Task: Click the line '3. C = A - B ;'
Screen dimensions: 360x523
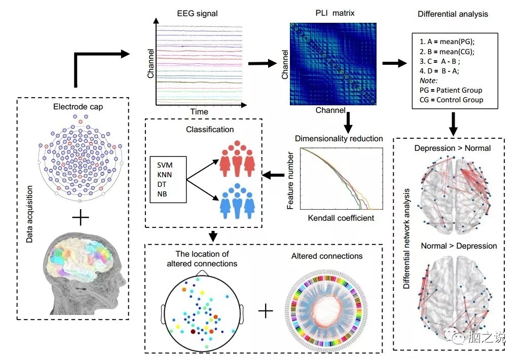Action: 440,62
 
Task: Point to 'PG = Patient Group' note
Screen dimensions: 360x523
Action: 451,90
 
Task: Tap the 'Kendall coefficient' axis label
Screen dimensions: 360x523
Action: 341,218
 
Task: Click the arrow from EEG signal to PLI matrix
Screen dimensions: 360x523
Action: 263,64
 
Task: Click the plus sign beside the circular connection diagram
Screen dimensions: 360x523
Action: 266,310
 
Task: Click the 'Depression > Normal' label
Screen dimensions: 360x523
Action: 452,148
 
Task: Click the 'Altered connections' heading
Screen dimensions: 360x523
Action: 327,256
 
